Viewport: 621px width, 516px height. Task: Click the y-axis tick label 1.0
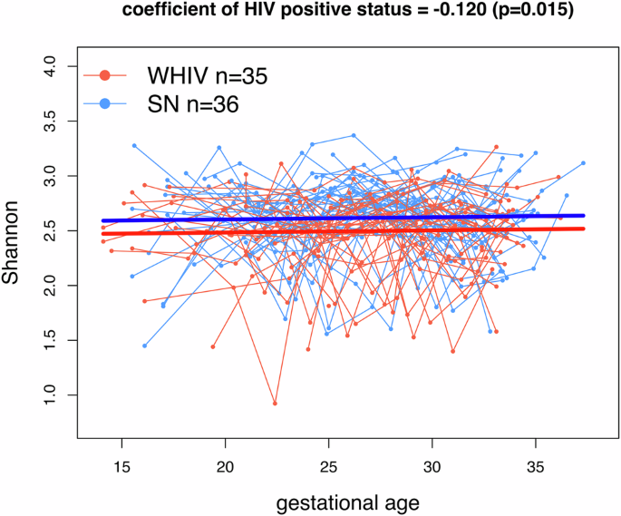point(49,395)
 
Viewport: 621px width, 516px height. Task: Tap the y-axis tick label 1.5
point(49,340)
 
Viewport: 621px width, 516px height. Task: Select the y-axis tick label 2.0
point(49,285)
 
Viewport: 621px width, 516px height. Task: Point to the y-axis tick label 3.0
point(49,175)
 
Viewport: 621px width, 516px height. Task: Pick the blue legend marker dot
point(105,104)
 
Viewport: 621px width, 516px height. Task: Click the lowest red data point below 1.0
point(275,404)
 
